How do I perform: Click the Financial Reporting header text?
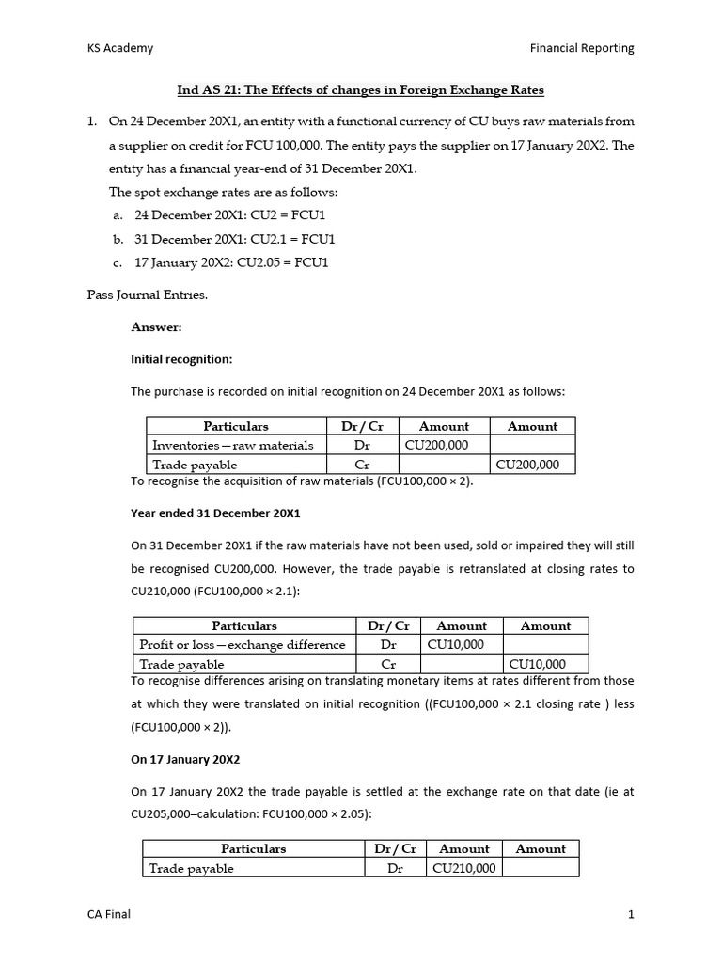[582, 48]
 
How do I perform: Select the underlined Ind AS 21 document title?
[361, 90]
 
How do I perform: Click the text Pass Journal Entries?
[147, 294]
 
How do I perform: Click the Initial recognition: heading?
[179, 359]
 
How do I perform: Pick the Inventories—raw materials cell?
[232, 445]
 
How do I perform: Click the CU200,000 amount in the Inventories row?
[436, 445]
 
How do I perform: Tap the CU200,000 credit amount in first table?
[526, 465]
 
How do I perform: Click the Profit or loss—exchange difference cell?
[242, 644]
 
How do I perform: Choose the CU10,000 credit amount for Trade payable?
[538, 664]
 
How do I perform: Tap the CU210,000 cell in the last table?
[463, 868]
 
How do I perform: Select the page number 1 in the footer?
[631, 915]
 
